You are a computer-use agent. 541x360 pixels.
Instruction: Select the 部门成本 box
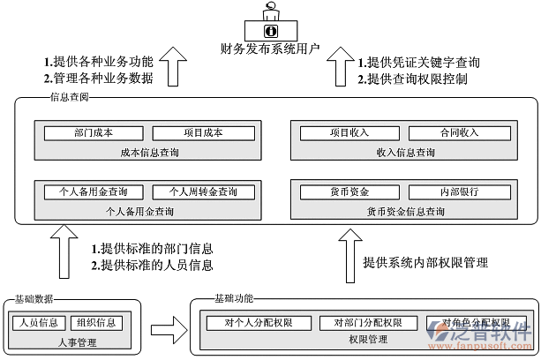(x=94, y=133)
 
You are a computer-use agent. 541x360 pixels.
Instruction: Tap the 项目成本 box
(x=203, y=133)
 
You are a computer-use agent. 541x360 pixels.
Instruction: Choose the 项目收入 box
(x=349, y=133)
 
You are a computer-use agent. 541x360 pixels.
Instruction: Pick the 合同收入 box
(x=460, y=133)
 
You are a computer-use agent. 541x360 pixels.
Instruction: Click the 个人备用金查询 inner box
(x=93, y=191)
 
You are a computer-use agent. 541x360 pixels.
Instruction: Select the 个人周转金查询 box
(x=204, y=191)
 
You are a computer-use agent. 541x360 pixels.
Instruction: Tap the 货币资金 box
(x=349, y=191)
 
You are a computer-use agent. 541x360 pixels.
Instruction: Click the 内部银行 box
(x=460, y=191)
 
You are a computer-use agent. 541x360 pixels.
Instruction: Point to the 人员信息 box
(x=38, y=322)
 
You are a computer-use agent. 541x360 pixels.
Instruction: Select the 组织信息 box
(x=95, y=322)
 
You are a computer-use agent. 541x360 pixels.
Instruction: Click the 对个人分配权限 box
(x=259, y=322)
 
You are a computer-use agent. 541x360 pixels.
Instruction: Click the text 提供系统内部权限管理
(x=425, y=263)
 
